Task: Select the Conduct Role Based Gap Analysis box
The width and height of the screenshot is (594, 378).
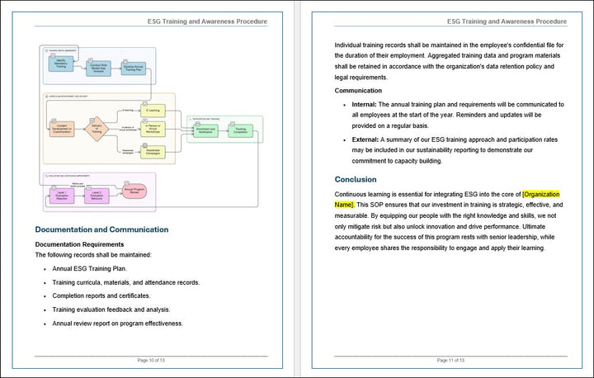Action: [x=100, y=67]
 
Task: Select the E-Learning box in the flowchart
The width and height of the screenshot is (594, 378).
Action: [x=153, y=109]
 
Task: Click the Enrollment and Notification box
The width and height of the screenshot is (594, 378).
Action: [x=206, y=130]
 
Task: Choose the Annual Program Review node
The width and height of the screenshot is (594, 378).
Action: [x=136, y=190]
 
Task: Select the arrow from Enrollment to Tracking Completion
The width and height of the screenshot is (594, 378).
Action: [x=223, y=130]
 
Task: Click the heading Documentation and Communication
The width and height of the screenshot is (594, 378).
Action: [x=101, y=229]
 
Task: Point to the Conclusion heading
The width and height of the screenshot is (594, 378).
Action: [x=356, y=179]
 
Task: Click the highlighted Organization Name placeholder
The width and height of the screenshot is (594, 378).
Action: [x=541, y=194]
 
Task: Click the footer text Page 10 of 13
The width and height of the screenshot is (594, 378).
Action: [x=151, y=361]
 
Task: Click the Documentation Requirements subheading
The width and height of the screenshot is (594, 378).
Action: [x=79, y=244]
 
